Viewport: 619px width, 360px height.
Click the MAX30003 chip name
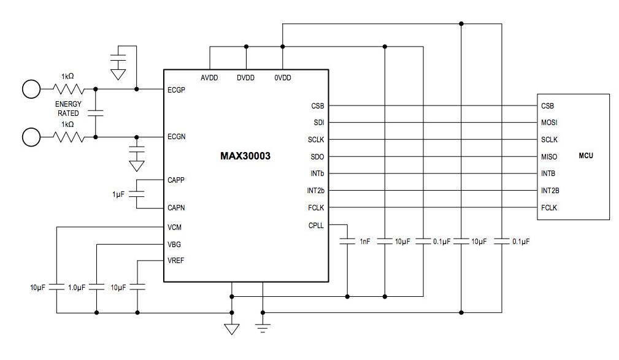245,156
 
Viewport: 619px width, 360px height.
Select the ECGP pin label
176,90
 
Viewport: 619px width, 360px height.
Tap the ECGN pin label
176,137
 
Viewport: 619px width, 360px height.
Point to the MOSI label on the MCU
549,123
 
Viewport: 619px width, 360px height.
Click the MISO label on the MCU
549,157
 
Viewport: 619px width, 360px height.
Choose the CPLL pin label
316,225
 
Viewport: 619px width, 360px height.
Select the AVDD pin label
209,78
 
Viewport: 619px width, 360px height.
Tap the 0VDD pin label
283,78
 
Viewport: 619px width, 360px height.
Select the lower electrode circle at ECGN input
31,137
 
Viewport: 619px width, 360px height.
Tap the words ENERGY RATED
68,109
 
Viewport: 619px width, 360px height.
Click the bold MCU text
586,156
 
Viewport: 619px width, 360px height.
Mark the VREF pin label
175,261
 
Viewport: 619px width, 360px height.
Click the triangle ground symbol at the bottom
231,329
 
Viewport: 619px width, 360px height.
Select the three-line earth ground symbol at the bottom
263,329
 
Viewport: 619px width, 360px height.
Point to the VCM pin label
174,227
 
